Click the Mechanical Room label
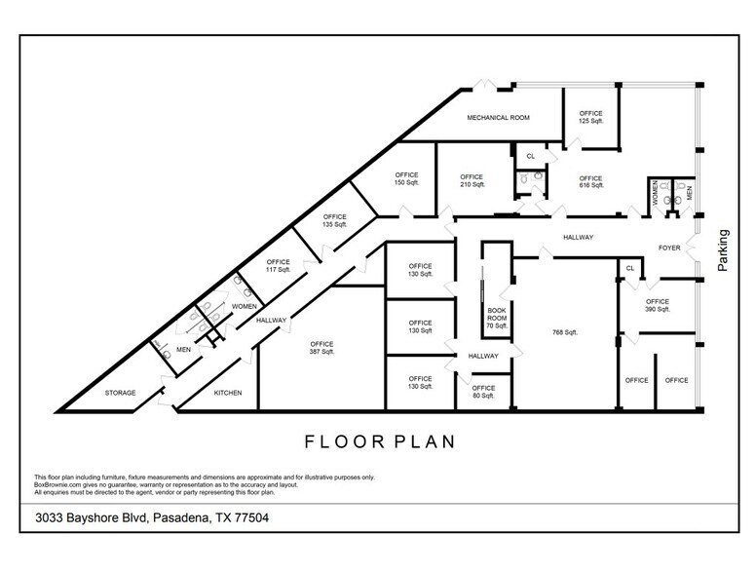coord(498,118)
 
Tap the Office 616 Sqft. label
coord(591,182)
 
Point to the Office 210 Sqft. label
coord(472,181)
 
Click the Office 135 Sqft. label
coord(335,220)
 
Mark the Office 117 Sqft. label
coord(278,265)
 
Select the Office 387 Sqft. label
coord(322,348)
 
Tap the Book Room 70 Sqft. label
coord(498,317)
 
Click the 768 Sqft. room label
coord(564,332)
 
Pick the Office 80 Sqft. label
coord(484,392)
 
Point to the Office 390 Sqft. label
coord(658,305)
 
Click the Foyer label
coord(669,248)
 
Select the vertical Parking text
coord(723,250)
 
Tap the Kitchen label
coord(227,394)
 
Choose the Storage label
coord(120,394)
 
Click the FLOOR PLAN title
coord(380,441)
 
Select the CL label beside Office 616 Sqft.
coord(531,156)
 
